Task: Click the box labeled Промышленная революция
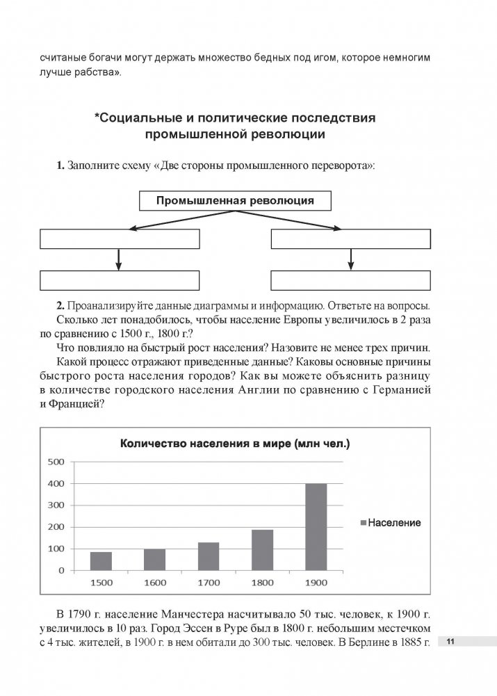[235, 201]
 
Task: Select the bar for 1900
[316, 526]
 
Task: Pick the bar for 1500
[101, 560]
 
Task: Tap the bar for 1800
[262, 549]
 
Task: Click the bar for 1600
[154, 559]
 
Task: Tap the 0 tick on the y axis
[61, 570]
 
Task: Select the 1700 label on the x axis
[209, 582]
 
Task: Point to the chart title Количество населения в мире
[234, 443]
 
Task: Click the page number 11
[450, 642]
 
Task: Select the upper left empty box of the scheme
[120, 238]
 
